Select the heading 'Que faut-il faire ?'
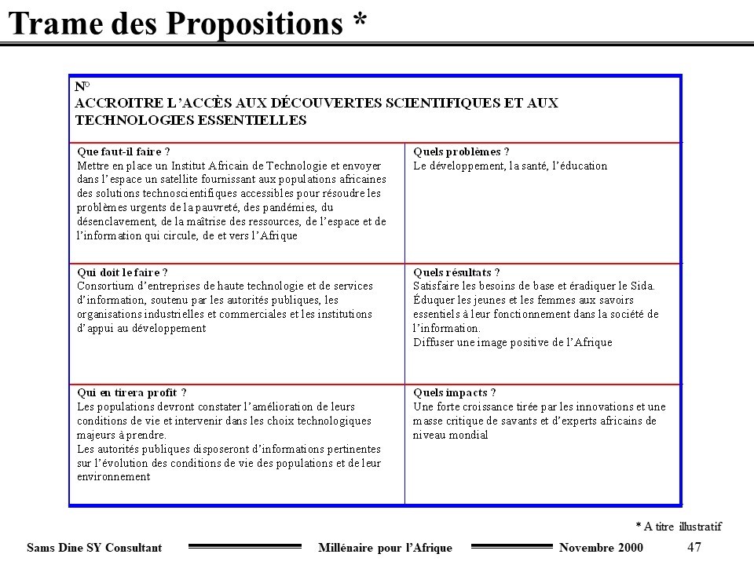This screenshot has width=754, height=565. click(x=123, y=152)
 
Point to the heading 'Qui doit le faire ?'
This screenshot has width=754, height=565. click(x=122, y=272)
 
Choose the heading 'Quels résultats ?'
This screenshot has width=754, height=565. click(x=456, y=272)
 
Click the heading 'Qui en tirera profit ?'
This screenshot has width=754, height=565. click(x=131, y=392)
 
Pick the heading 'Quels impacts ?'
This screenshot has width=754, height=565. click(x=454, y=392)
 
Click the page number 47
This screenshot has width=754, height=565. click(x=694, y=547)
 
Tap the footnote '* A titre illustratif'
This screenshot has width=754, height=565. click(x=678, y=526)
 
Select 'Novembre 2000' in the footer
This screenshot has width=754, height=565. click(x=600, y=548)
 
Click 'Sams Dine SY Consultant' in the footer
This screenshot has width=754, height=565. click(x=94, y=548)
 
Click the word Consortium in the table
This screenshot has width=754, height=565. click(x=102, y=286)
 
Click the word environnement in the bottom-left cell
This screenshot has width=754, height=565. click(x=113, y=476)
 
